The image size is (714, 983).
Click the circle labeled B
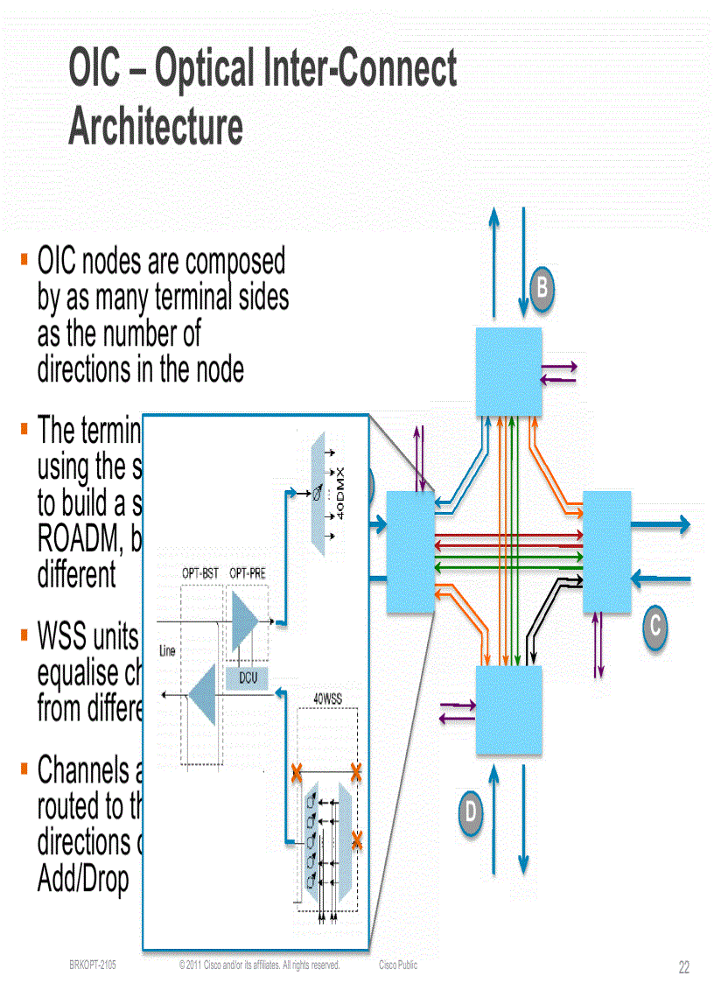(x=542, y=286)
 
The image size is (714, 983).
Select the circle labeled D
(x=470, y=811)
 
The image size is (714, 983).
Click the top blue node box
(x=508, y=371)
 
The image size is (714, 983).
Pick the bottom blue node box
(x=508, y=710)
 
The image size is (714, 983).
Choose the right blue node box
(x=606, y=551)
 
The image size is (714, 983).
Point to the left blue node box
(x=410, y=551)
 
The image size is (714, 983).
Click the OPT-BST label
(x=199, y=572)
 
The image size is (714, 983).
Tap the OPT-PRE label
(x=248, y=572)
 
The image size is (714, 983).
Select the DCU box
(x=248, y=677)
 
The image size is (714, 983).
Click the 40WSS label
(x=328, y=699)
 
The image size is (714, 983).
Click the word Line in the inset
(x=168, y=650)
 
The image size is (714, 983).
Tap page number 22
(x=683, y=967)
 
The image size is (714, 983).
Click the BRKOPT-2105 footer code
(x=93, y=965)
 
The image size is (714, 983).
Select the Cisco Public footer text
(x=398, y=965)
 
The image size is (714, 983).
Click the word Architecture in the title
(x=156, y=126)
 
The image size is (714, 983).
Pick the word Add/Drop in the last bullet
(x=83, y=879)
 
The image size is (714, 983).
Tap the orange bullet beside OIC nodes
(x=24, y=260)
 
